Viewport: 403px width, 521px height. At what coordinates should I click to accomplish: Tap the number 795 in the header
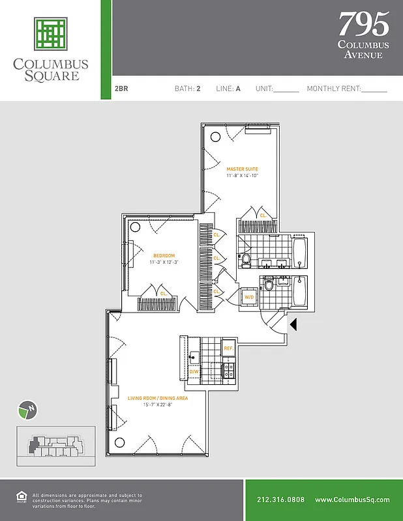(x=363, y=24)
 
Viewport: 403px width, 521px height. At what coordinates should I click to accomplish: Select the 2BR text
(x=121, y=89)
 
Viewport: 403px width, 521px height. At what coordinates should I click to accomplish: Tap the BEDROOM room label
(x=163, y=255)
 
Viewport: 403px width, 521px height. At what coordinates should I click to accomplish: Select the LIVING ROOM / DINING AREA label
(x=149, y=398)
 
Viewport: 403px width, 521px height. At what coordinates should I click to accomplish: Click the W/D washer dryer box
(x=249, y=297)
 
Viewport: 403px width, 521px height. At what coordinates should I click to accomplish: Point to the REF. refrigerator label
(x=228, y=348)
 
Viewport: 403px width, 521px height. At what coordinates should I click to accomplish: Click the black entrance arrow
(x=293, y=324)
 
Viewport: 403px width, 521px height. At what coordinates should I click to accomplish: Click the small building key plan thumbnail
(x=55, y=446)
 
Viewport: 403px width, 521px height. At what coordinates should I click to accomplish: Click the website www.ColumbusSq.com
(x=352, y=500)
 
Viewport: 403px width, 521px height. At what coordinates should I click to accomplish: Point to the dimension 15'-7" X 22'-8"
(x=149, y=404)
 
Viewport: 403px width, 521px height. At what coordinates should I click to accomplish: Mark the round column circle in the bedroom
(x=135, y=227)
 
